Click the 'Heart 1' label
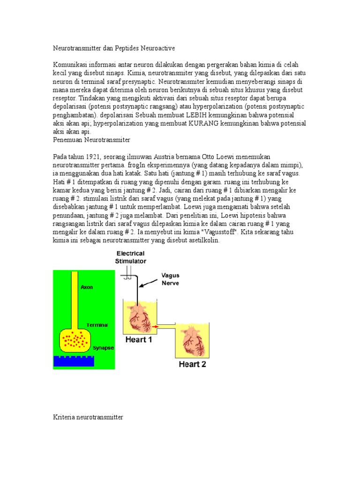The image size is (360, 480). coord(138,339)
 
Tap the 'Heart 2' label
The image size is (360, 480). coord(191,364)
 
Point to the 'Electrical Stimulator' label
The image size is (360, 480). coord(131,257)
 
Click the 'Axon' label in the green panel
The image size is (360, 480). coord(87,287)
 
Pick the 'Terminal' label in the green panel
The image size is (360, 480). coord(97,324)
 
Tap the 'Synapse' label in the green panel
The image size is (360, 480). coord(103,348)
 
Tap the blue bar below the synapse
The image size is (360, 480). coord(74,361)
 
